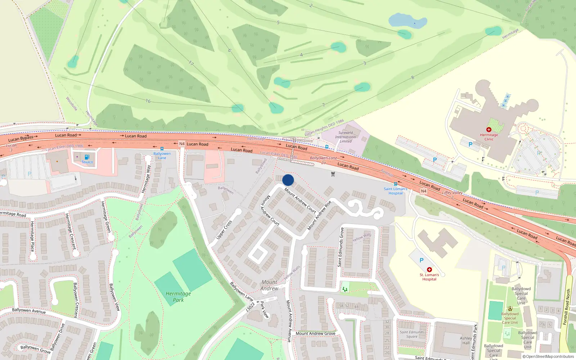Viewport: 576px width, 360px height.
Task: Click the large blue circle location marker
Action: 288,180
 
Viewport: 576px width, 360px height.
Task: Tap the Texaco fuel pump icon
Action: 87,157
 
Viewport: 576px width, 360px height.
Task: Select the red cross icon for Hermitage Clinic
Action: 489,130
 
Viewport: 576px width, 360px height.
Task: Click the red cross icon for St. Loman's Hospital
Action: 429,270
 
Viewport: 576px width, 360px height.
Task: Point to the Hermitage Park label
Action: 178,297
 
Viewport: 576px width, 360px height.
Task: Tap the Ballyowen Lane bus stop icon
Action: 162,149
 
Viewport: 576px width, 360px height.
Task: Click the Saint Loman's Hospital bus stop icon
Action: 395,184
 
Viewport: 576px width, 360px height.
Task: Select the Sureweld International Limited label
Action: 346,137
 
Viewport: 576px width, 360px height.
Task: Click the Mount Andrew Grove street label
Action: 315,333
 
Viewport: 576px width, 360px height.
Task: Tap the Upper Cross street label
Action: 224,230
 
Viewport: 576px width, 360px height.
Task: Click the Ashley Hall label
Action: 466,341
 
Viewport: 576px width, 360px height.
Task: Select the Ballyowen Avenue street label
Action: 29,310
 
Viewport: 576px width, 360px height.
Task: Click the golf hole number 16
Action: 148,101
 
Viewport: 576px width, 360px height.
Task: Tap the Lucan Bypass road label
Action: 21,139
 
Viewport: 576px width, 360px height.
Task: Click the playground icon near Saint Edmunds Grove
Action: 345,289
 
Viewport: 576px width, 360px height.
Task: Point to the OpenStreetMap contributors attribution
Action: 548,357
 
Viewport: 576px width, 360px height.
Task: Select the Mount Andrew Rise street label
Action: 319,216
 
